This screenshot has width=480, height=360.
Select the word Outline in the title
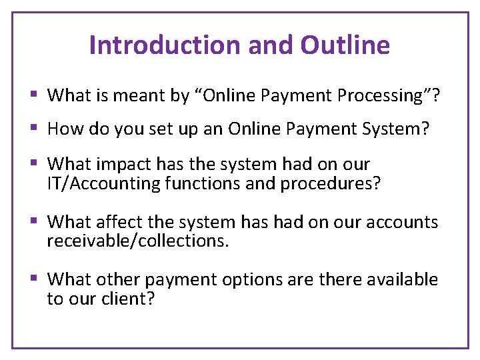345,45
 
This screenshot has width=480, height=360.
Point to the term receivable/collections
137,241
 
